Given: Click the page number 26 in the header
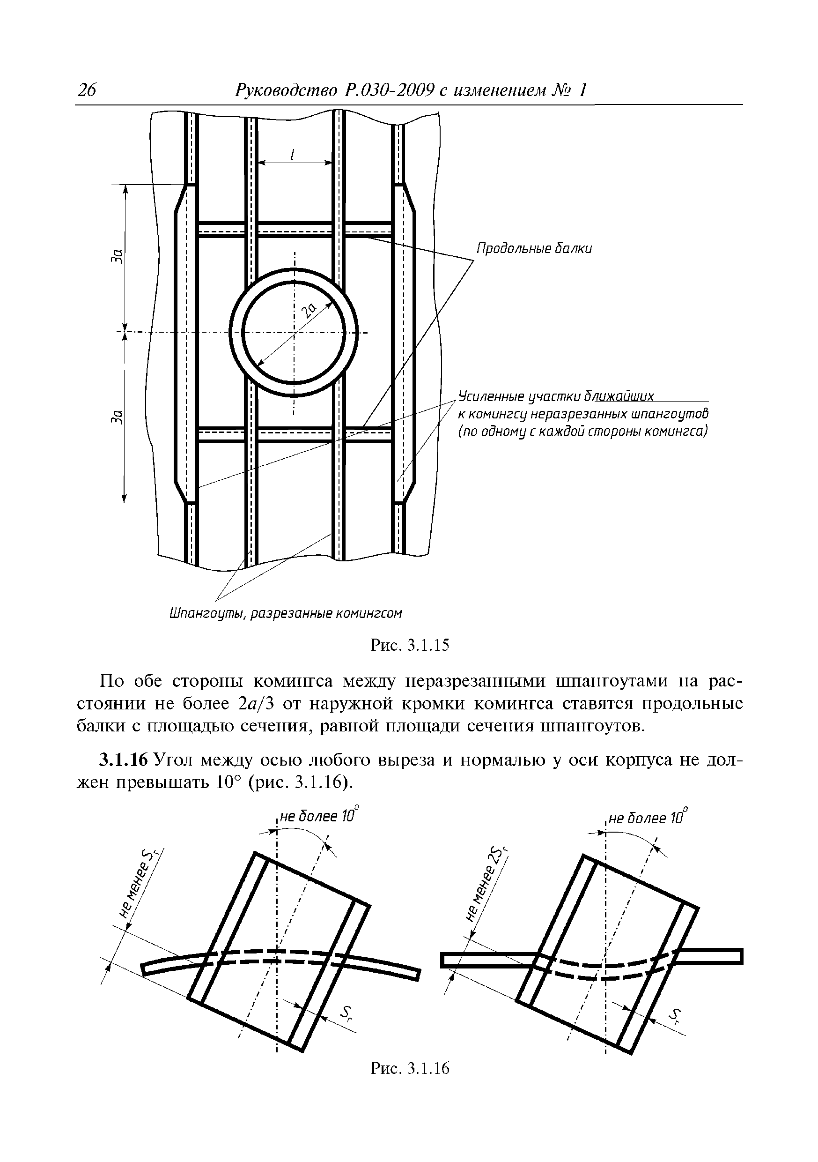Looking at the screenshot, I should (87, 90).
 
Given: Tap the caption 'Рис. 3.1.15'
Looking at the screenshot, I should (410, 645).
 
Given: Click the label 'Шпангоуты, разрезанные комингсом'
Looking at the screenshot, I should (285, 614).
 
